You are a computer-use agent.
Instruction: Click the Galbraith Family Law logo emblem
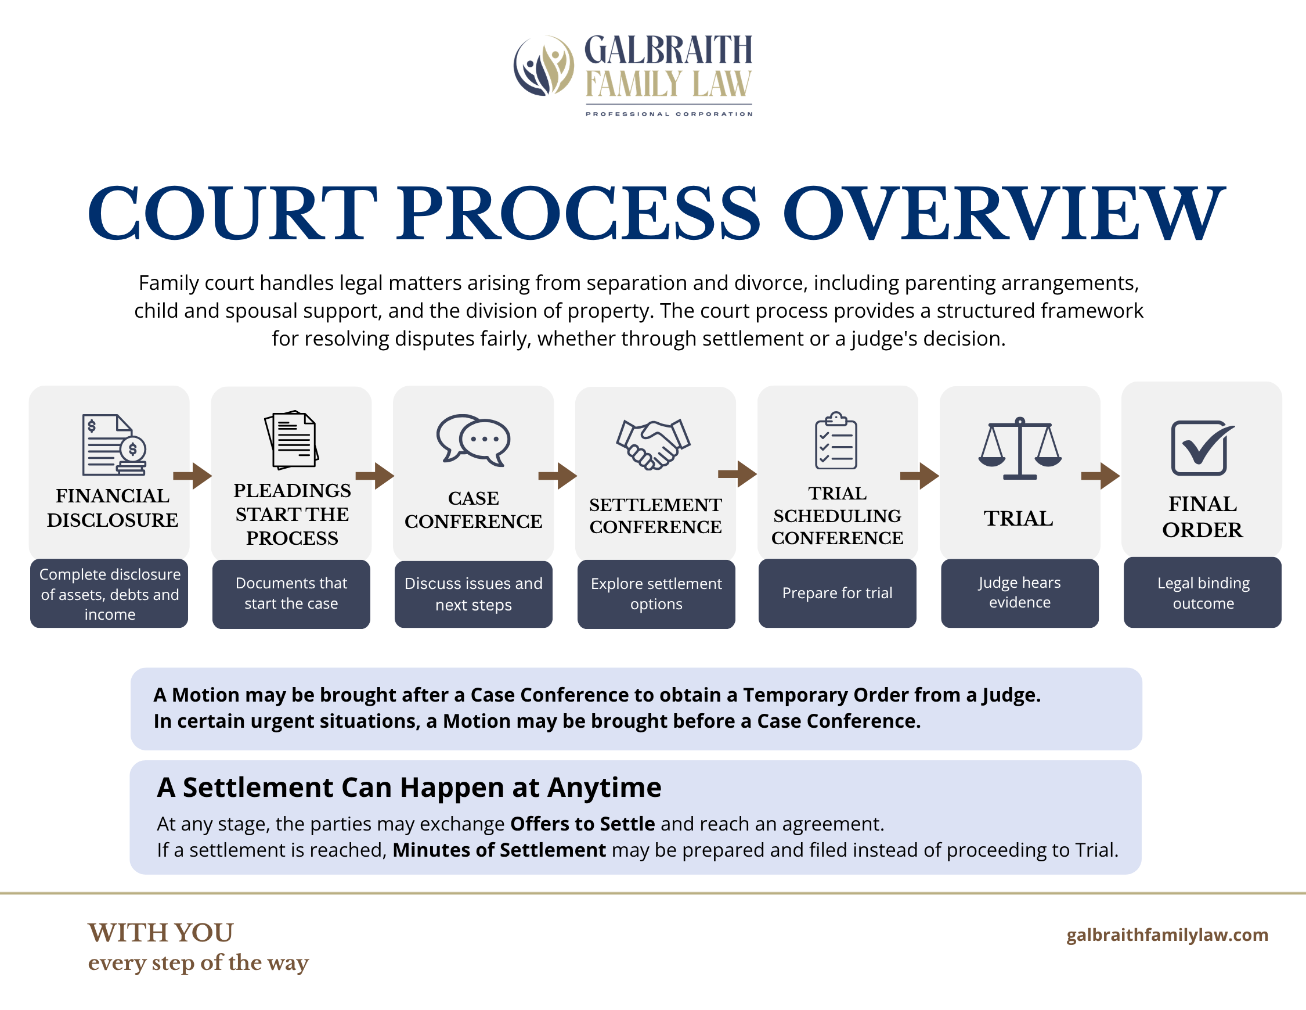543,66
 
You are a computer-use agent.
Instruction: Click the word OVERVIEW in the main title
1004,213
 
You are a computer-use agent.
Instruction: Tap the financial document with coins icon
114,444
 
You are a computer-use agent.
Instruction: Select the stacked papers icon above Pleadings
291,440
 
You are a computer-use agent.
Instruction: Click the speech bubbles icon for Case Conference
473,440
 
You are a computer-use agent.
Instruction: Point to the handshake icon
653,443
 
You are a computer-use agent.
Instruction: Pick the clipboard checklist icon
836,440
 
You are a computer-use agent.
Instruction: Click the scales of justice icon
1020,448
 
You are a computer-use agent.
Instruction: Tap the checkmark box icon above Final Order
1202,448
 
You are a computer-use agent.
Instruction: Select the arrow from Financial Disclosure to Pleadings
193,476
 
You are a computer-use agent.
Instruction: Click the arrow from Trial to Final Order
1101,476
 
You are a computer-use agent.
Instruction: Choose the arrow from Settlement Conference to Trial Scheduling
737,475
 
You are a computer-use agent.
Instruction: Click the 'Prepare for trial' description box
837,593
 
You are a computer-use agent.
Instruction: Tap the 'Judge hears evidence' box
1020,593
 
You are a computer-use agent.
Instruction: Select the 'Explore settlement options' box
656,594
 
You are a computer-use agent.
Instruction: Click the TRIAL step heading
1018,519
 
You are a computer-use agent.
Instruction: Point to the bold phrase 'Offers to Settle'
582,824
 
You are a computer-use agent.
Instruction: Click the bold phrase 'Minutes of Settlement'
499,850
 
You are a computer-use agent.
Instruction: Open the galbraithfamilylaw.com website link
1167,934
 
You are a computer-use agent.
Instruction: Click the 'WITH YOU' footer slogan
161,933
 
